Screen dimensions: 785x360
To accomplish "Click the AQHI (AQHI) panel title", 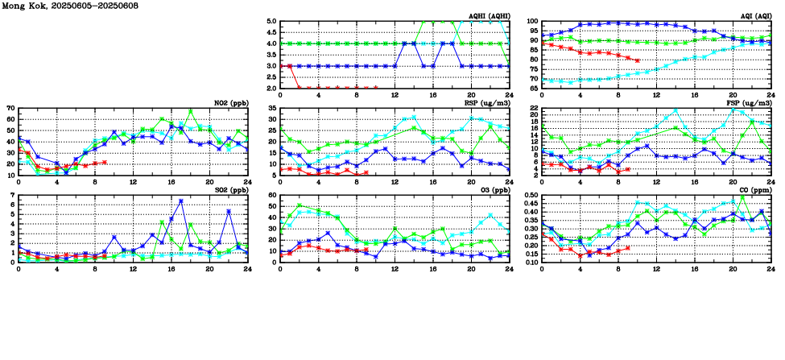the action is tap(490, 17).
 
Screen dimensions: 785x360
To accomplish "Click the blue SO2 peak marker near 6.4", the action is tap(180, 201).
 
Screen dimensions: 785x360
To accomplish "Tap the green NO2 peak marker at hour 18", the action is tap(190, 111).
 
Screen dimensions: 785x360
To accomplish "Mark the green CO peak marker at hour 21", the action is tap(742, 197).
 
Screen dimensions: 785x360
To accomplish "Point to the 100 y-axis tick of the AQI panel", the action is tap(532, 22).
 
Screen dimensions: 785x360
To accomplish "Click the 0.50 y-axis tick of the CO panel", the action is tap(531, 195).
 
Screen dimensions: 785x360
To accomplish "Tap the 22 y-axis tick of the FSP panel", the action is tap(534, 108).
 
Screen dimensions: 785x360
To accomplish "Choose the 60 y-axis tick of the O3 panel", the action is tap(273, 195).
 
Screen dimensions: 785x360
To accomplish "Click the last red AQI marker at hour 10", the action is tap(638, 61).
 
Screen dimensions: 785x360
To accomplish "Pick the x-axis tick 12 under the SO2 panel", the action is tap(133, 268).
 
